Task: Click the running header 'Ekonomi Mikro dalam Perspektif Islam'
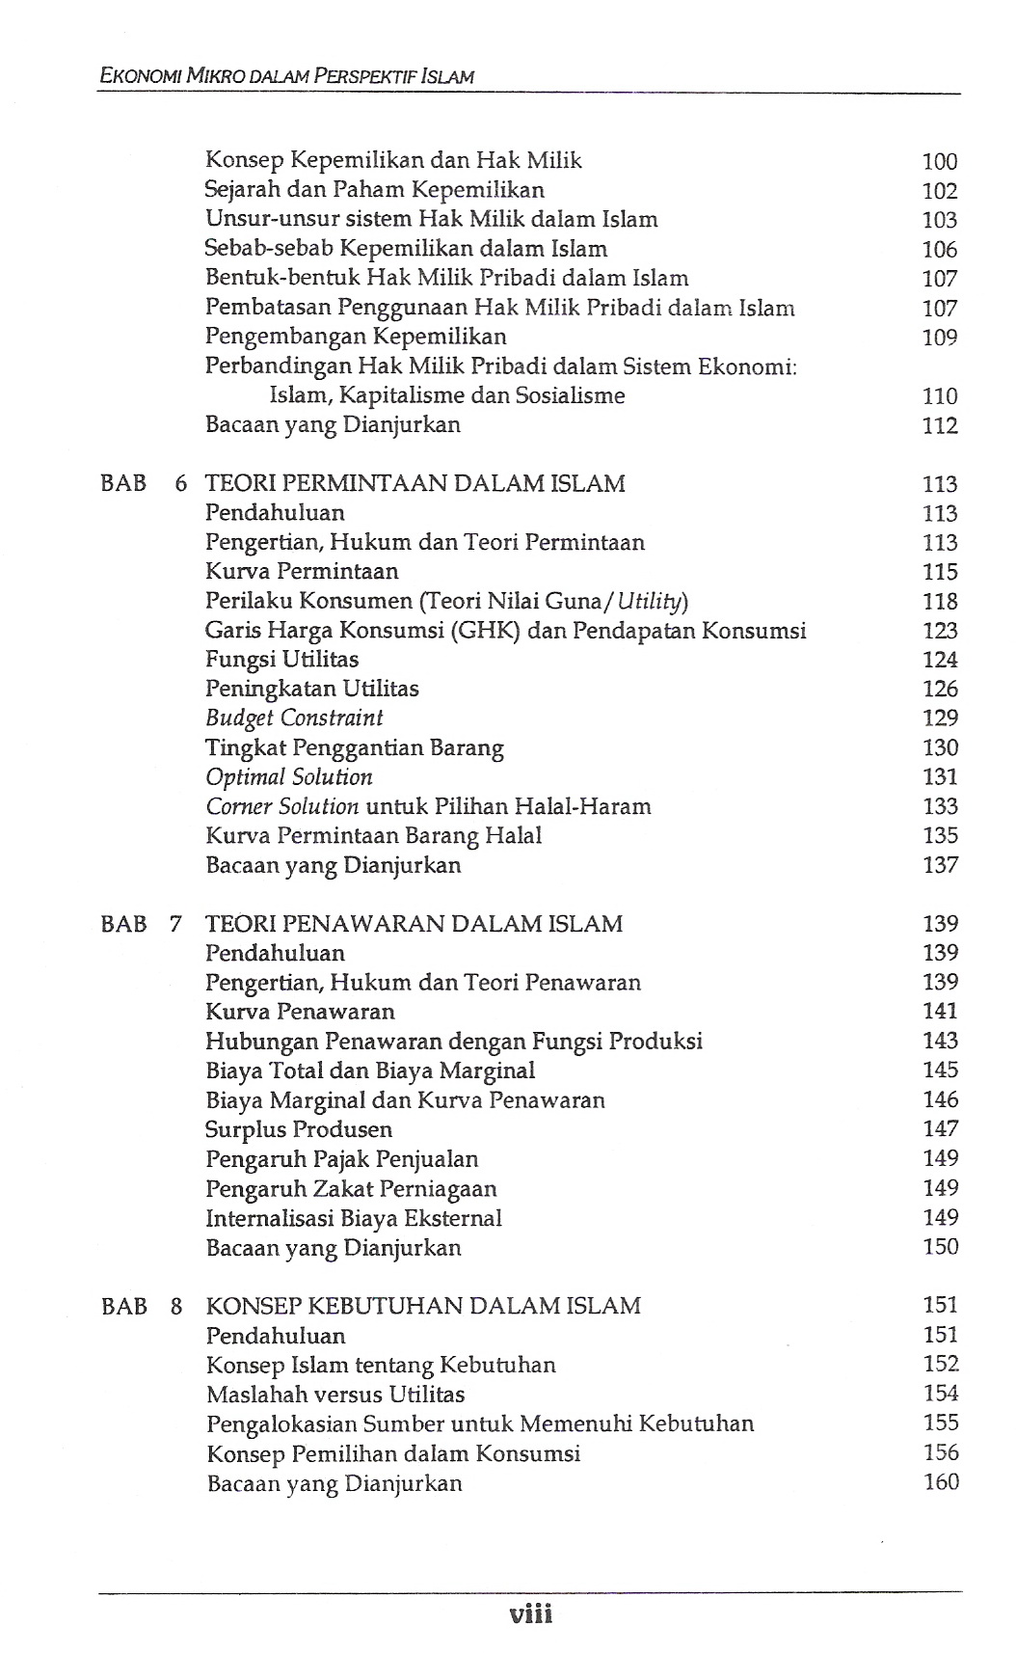[286, 75]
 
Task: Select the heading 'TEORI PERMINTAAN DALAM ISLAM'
[414, 483]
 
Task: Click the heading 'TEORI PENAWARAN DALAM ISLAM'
[414, 924]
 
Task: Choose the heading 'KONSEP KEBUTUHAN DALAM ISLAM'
[423, 1306]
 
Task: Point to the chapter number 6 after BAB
[180, 483]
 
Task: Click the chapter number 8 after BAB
[176, 1307]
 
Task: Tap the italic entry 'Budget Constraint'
[294, 718]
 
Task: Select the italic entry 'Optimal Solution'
[288, 777]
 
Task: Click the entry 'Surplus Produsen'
[299, 1129]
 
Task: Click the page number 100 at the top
[939, 162]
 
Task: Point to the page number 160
[941, 1482]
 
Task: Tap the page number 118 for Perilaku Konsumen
[940, 602]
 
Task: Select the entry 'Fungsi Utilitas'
[281, 660]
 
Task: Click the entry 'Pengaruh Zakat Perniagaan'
[351, 1188]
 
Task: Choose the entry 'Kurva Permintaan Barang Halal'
[373, 836]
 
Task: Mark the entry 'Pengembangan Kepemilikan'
[356, 337]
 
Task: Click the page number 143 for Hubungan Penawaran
[940, 1042]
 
